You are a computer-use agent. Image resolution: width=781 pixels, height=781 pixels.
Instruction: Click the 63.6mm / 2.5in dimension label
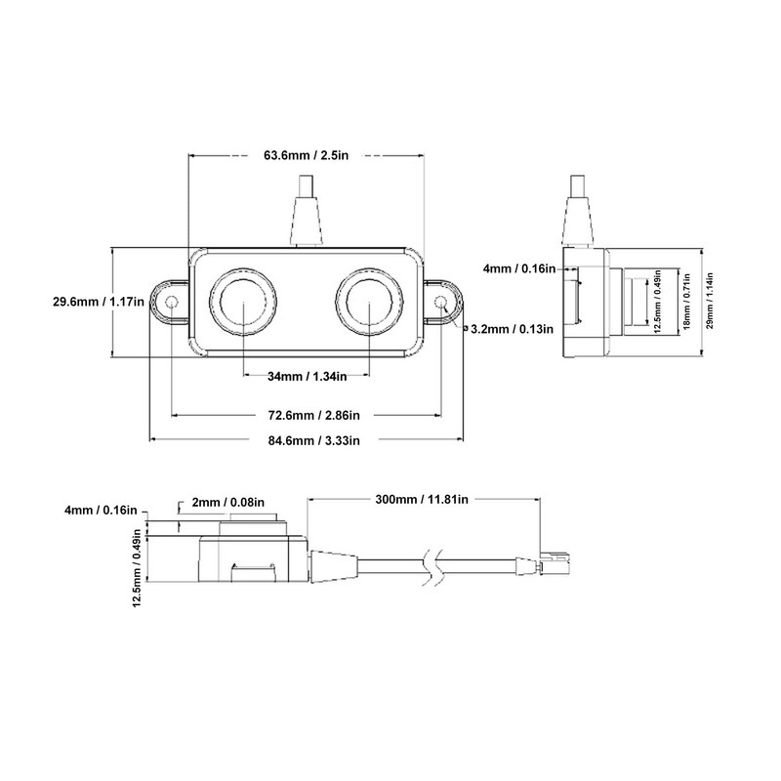click(307, 154)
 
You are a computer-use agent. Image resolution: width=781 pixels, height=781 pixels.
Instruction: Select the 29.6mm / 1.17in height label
click(99, 303)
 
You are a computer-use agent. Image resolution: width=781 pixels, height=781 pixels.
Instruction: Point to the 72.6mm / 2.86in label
click(307, 415)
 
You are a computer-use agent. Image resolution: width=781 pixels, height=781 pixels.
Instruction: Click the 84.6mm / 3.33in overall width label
click(307, 440)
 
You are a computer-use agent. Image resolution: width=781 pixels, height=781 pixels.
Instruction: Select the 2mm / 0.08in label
click(228, 502)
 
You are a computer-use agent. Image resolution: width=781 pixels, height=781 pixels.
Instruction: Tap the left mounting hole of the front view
click(173, 303)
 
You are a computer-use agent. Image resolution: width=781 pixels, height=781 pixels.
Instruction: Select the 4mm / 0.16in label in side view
click(519, 268)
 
